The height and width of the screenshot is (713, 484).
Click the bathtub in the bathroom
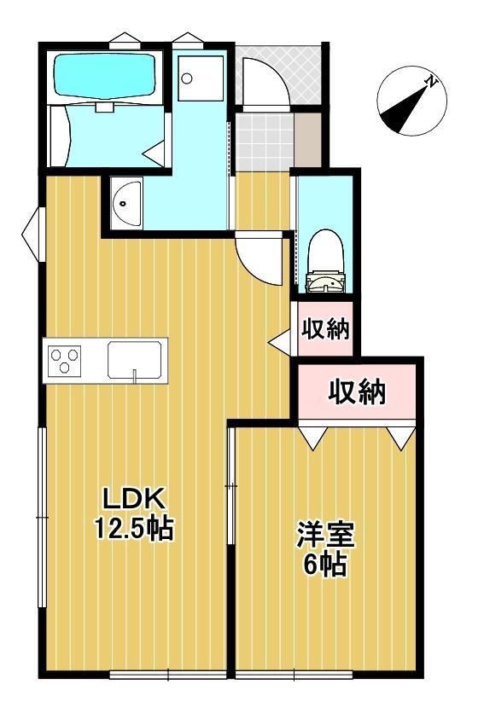coord(105,76)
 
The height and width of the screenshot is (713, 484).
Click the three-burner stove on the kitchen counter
coord(64,361)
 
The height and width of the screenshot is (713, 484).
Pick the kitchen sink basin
coord(134,360)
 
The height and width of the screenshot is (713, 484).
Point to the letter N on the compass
coord(430,83)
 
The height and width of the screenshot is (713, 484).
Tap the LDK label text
coord(133,500)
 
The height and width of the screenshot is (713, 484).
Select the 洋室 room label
coord(325,536)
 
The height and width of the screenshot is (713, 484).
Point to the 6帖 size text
coord(325,565)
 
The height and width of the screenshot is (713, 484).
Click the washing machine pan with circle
coord(201,78)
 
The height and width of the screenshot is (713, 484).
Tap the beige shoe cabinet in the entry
coord(308,139)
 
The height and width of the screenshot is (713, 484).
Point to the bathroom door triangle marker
coord(155,154)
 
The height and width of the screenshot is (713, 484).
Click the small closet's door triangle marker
coord(281,342)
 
